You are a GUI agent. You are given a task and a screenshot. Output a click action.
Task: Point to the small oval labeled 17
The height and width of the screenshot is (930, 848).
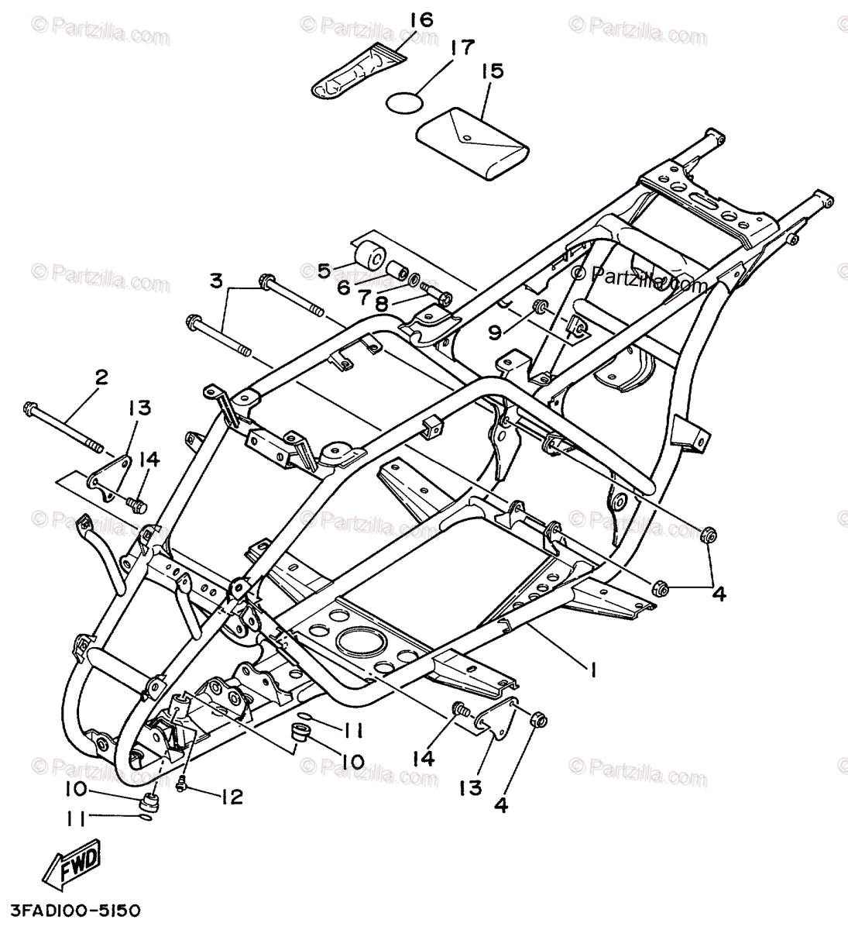click(406, 102)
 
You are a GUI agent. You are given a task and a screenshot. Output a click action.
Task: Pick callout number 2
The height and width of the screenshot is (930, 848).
click(101, 377)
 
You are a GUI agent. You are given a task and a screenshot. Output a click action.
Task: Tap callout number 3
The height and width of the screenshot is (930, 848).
click(217, 279)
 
